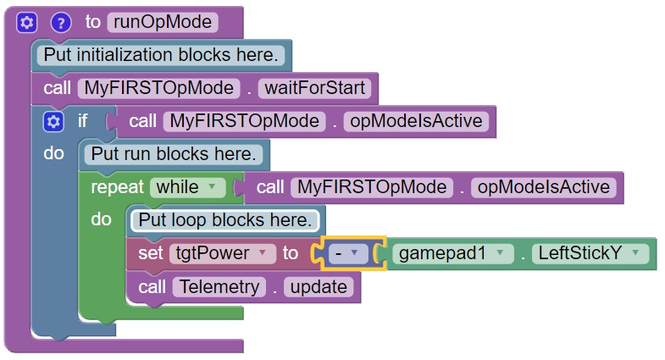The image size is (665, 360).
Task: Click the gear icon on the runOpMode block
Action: pyautogui.click(x=25, y=22)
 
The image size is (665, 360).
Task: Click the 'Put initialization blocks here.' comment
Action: pyautogui.click(x=160, y=55)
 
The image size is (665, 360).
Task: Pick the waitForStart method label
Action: pyautogui.click(x=315, y=87)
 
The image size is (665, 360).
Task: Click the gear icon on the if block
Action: pyautogui.click(x=53, y=121)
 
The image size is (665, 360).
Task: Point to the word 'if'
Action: pyautogui.click(x=83, y=121)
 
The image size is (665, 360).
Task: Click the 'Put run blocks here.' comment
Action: pyautogui.click(x=173, y=154)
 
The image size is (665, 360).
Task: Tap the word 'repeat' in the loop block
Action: pyautogui.click(x=117, y=187)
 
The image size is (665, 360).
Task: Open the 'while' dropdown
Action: pyautogui.click(x=187, y=187)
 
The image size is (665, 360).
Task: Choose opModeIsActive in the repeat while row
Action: pyautogui.click(x=542, y=187)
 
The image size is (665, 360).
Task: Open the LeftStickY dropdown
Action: pyautogui.click(x=592, y=253)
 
